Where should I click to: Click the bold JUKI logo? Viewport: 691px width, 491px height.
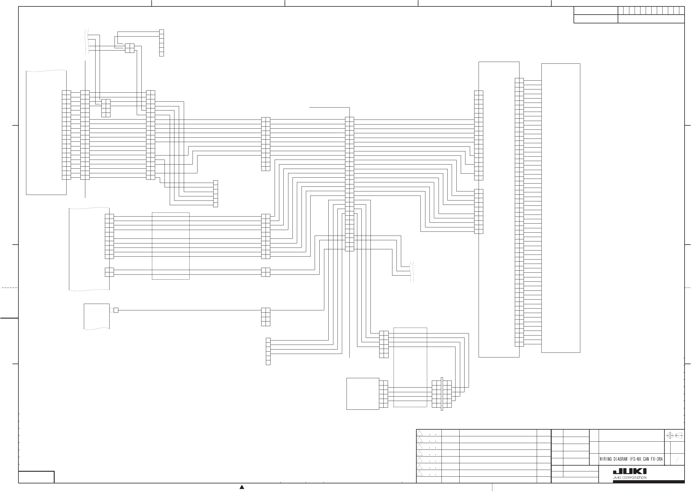click(x=630, y=471)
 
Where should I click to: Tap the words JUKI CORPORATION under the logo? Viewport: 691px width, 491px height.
click(x=630, y=478)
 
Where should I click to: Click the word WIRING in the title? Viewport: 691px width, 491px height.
click(x=605, y=459)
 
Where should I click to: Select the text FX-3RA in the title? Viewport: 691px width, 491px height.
click(x=657, y=459)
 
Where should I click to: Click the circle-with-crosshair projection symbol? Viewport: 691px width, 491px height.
click(x=670, y=435)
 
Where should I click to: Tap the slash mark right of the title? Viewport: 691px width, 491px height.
click(x=677, y=459)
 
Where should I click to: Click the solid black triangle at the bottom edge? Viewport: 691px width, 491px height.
click(x=242, y=487)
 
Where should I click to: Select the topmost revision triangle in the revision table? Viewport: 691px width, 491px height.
click(x=420, y=433)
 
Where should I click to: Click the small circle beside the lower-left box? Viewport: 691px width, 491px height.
click(x=111, y=310)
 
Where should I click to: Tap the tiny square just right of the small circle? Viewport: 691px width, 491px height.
click(x=116, y=310)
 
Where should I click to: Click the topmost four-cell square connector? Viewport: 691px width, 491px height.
click(x=130, y=48)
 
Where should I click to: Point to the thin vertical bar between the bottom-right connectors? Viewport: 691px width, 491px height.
click(x=442, y=394)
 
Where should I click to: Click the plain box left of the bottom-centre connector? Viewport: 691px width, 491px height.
click(x=362, y=394)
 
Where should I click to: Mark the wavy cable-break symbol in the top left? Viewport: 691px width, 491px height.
click(x=87, y=42)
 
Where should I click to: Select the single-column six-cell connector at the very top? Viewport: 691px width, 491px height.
click(x=161, y=43)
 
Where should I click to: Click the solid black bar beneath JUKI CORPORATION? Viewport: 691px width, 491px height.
click(x=648, y=482)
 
